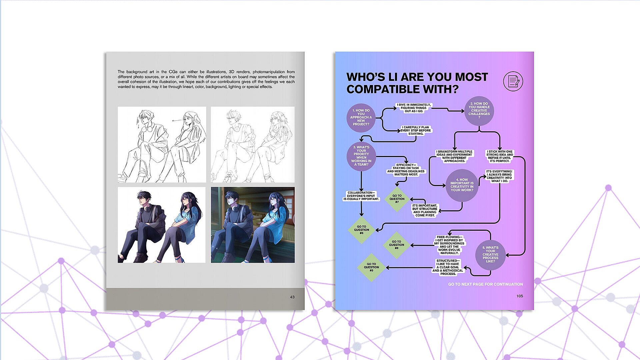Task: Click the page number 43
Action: [x=292, y=297]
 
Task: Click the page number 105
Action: [x=520, y=296]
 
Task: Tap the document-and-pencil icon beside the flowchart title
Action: [x=513, y=81]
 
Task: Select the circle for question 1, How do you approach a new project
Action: [x=361, y=117]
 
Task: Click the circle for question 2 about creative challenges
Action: [x=479, y=111]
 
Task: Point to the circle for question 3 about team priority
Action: [x=361, y=156]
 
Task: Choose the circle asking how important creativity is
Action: [x=462, y=185]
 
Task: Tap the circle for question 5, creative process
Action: [x=490, y=255]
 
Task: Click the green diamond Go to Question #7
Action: [x=397, y=199]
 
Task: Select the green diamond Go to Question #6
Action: [x=362, y=230]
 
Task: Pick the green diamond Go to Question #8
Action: [x=397, y=245]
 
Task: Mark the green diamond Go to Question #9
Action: [x=371, y=267]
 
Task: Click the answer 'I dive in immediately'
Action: [x=414, y=108]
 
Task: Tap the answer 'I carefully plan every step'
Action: [x=416, y=130]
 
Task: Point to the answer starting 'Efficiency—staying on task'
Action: [x=406, y=170]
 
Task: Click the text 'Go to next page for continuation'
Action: [x=485, y=284]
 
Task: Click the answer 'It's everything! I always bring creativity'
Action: [x=499, y=176]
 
